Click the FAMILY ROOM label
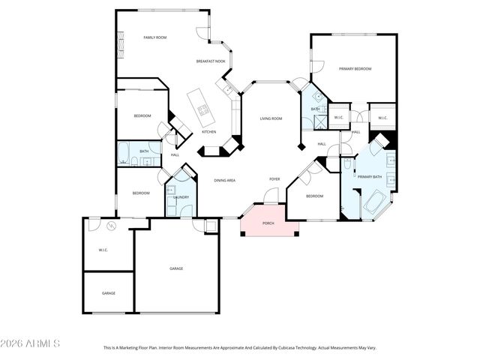[x=155, y=37]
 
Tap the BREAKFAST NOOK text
[x=211, y=61]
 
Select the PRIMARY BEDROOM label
[x=355, y=69]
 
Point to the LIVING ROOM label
[x=271, y=118]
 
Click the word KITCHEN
[x=209, y=132]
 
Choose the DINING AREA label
[x=225, y=180]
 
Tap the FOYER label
[x=274, y=179]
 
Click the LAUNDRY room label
[x=181, y=197]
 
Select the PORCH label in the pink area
[x=268, y=224]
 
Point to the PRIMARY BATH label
[x=369, y=176]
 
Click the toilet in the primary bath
[x=349, y=163]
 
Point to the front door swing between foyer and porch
[x=272, y=196]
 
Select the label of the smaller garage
[x=109, y=293]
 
